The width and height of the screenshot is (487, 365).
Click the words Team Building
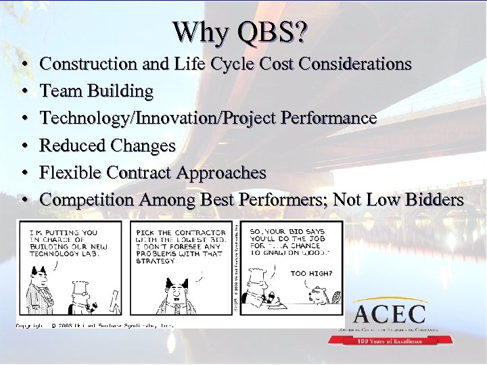click(x=97, y=91)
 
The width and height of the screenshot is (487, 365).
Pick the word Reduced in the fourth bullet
click(x=71, y=145)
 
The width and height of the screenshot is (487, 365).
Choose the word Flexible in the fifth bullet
click(x=70, y=172)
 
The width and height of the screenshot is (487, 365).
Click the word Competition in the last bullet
click(x=87, y=199)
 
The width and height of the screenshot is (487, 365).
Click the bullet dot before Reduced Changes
click(x=24, y=146)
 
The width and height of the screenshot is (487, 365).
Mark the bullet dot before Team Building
click(x=24, y=91)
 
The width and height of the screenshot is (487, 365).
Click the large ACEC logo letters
click(x=389, y=314)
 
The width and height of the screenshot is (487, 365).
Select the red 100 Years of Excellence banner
click(x=389, y=341)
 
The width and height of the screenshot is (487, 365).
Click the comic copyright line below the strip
click(x=95, y=325)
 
